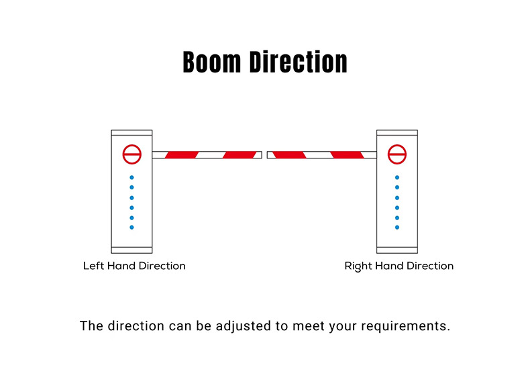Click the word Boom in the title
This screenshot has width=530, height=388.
(212, 62)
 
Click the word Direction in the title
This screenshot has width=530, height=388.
(299, 62)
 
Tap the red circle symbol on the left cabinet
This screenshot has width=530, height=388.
(131, 154)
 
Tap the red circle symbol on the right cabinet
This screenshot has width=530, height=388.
(396, 154)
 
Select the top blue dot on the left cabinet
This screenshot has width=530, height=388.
(131, 178)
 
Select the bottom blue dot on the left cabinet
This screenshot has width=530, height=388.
(131, 228)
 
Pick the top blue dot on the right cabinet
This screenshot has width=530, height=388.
(397, 178)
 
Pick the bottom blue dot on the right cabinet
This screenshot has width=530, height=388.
(397, 228)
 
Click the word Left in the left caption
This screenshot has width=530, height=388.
(94, 266)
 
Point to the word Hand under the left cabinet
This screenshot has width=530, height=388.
(121, 266)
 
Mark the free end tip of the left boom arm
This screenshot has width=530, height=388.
(262, 155)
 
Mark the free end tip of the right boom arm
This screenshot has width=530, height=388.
(268, 155)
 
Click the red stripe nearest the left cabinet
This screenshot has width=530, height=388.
(182, 155)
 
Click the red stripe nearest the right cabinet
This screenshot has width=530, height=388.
(347, 155)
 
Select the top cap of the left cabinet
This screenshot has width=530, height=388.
(131, 133)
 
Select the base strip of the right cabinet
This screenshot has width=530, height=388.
(397, 250)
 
